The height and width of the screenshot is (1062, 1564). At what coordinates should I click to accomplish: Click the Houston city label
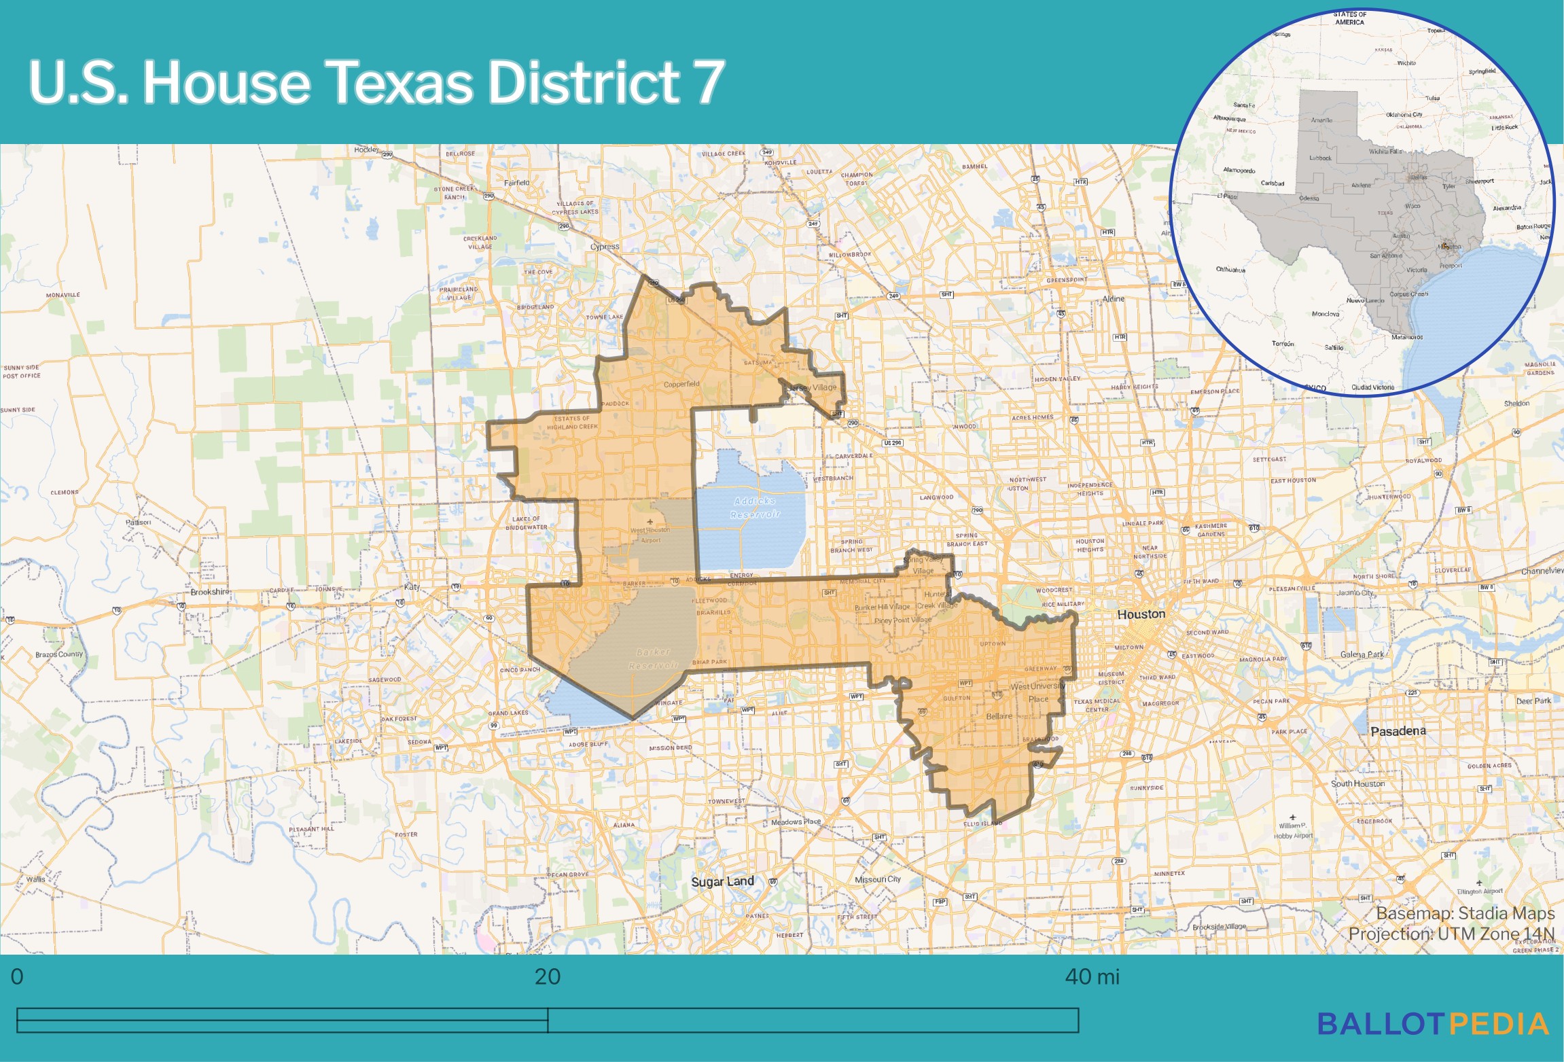coord(1141,614)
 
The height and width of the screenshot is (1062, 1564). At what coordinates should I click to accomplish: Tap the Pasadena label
coord(1398,731)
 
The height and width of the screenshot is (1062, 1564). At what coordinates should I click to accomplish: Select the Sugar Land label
coord(722,881)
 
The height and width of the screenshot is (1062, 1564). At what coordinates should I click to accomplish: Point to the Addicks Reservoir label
coord(755,508)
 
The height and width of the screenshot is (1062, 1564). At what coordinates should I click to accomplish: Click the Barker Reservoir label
coord(653,658)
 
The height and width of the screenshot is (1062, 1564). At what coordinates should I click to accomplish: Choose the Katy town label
coord(412,586)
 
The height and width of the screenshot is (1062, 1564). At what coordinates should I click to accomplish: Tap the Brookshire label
coord(210,592)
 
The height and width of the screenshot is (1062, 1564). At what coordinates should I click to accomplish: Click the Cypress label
coord(605,247)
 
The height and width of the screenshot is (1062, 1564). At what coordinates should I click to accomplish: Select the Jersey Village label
coord(813,387)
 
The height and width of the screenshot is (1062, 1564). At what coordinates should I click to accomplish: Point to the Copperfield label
coord(681,384)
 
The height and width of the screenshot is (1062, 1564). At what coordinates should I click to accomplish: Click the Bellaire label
coord(999,716)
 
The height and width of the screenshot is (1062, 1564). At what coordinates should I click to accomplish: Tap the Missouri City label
coord(877,879)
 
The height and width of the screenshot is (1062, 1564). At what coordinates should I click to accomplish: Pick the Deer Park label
coord(1533,701)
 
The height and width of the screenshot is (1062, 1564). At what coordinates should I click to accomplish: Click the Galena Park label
coord(1362,654)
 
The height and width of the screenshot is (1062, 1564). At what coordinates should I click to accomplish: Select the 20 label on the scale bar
coord(547,976)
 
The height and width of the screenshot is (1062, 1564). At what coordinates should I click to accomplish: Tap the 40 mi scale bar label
coord(1092,976)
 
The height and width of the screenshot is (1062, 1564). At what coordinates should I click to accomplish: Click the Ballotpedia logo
coord(1433,1024)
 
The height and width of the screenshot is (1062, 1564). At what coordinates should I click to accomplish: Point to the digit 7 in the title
coord(709,82)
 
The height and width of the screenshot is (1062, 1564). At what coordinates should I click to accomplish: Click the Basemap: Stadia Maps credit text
coord(1465,913)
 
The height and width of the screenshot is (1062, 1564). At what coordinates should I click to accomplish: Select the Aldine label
coord(1113,299)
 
